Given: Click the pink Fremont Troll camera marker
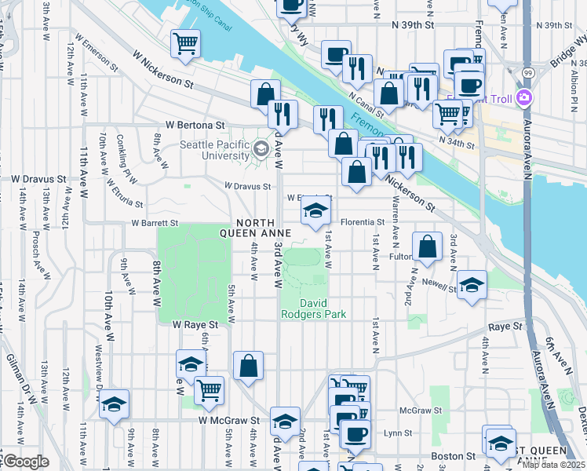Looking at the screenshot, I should click(x=524, y=98).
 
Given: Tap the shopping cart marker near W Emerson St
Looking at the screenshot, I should click(x=185, y=43).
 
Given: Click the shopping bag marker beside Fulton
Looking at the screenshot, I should click(x=427, y=246).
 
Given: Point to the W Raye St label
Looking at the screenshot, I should click(x=193, y=324).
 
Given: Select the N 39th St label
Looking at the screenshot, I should click(x=413, y=25).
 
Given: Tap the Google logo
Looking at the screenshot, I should click(x=24, y=462).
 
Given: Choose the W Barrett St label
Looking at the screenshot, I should click(x=155, y=223).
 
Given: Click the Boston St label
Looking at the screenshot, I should click(x=454, y=455).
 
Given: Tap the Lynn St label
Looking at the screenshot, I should click(x=398, y=433).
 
